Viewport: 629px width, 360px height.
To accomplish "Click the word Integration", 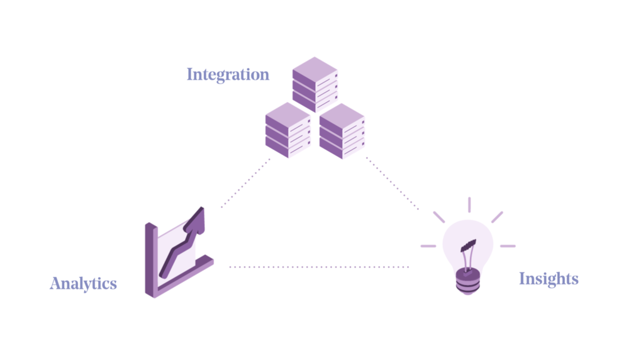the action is pyautogui.click(x=228, y=75).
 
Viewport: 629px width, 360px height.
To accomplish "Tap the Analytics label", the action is pyautogui.click(x=84, y=283).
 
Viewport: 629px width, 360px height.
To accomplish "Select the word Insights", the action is pyautogui.click(x=548, y=279).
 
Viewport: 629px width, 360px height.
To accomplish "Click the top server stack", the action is pyautogui.click(x=315, y=84).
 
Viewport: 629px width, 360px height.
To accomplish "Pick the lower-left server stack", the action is pyautogui.click(x=287, y=130).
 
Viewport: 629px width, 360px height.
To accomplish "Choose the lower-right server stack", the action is pyautogui.click(x=342, y=131).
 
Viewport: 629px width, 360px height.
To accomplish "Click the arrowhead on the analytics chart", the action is pyautogui.click(x=195, y=221).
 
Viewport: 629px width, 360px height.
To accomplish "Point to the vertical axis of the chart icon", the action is pyautogui.click(x=151, y=260).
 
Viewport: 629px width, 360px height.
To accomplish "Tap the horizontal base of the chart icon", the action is pyautogui.click(x=184, y=277).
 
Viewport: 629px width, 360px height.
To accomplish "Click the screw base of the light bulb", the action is pyautogui.click(x=468, y=281).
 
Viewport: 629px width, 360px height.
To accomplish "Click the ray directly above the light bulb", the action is pyautogui.click(x=469, y=205).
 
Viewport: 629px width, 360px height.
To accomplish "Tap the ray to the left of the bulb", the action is pyautogui.click(x=428, y=246).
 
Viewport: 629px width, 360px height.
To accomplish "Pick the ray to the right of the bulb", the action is pyautogui.click(x=508, y=246).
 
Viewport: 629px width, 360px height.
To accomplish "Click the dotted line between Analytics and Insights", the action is pyautogui.click(x=319, y=267).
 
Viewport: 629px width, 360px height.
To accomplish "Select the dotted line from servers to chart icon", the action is pyautogui.click(x=245, y=183).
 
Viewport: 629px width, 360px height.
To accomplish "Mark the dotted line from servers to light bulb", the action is pyautogui.click(x=392, y=183).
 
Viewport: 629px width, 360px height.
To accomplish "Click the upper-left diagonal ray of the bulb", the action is pyautogui.click(x=439, y=217).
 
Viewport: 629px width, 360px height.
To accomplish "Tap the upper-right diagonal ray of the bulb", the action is pyautogui.click(x=498, y=217).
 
